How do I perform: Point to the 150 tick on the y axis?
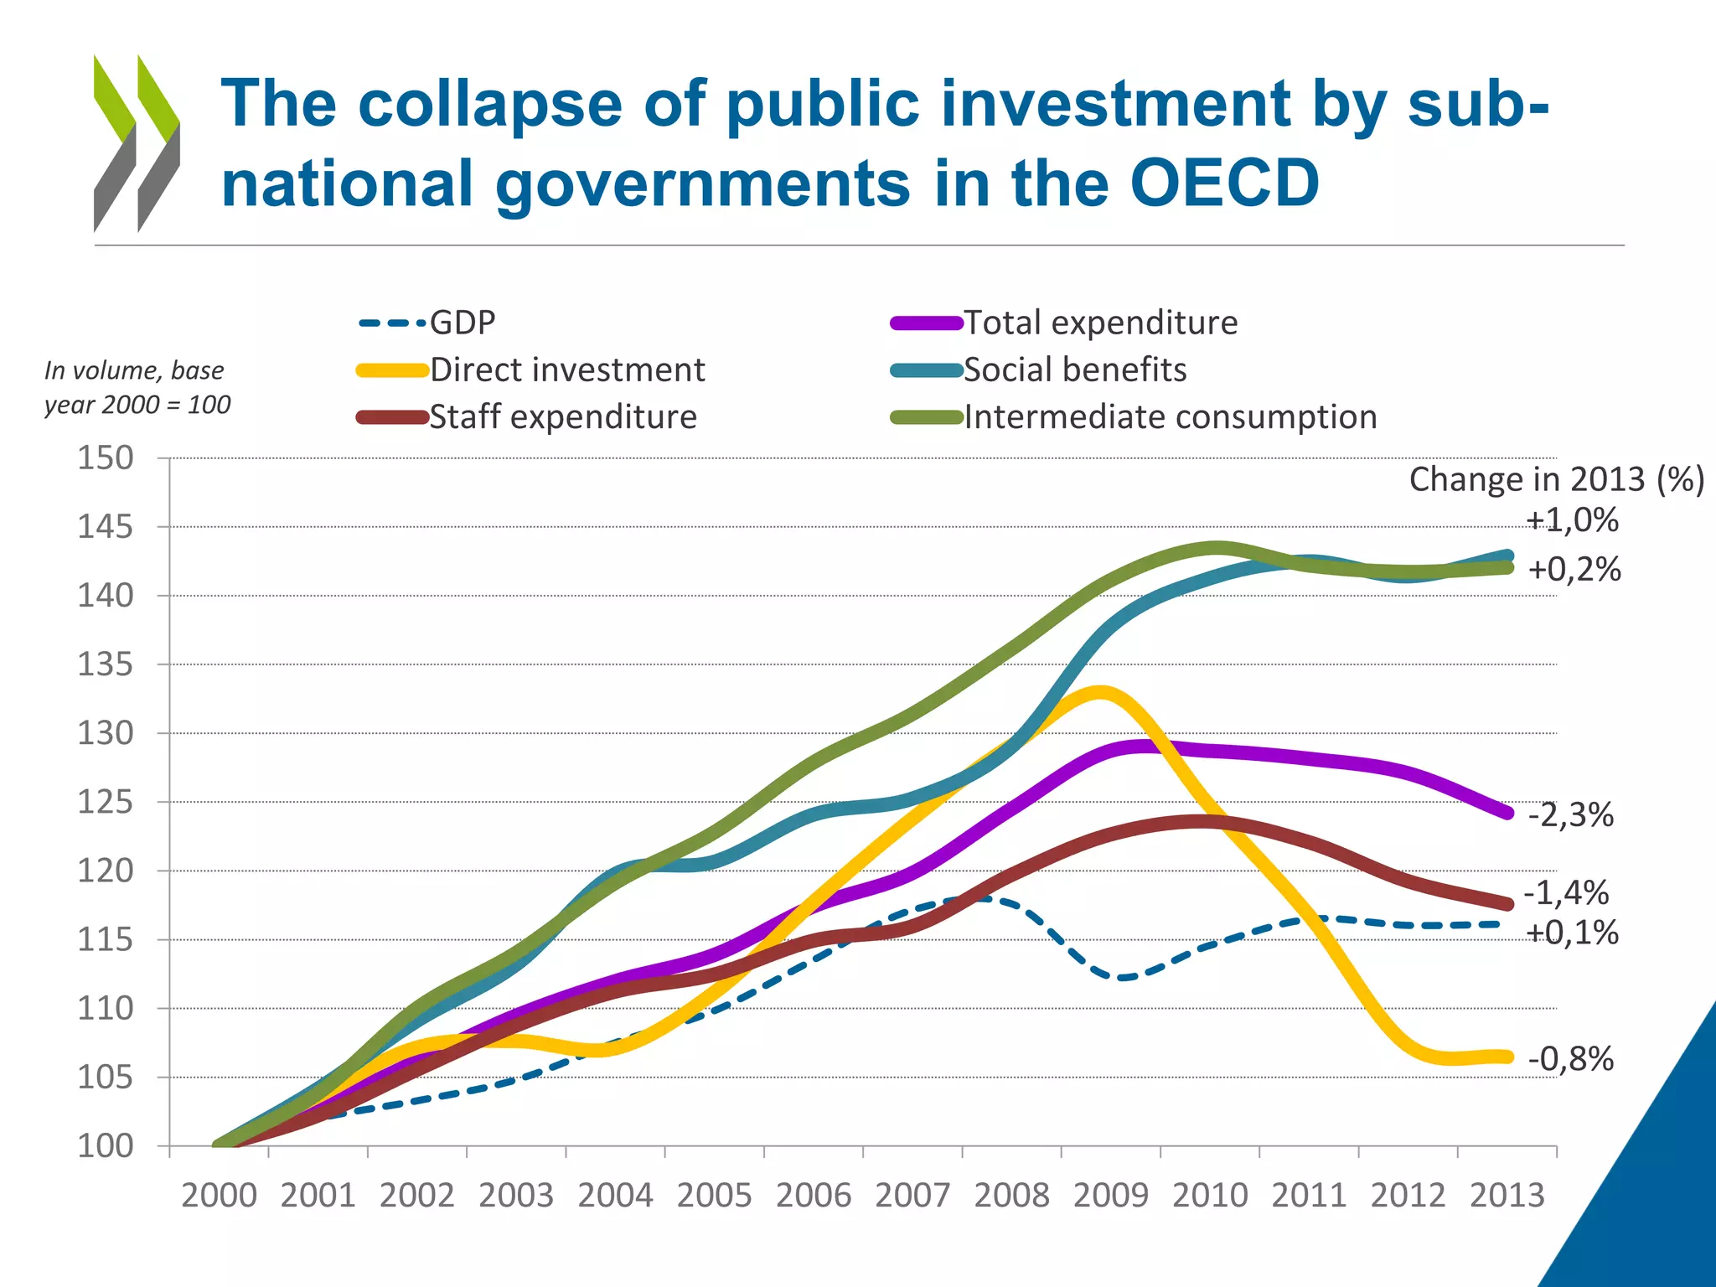pyautogui.click(x=106, y=458)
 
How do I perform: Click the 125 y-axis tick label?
pyautogui.click(x=106, y=802)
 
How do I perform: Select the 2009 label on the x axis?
pyautogui.click(x=1110, y=1195)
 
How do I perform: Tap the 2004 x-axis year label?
pyautogui.click(x=615, y=1195)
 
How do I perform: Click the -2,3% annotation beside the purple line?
pyautogui.click(x=1570, y=814)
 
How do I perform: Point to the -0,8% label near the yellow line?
pyautogui.click(x=1570, y=1059)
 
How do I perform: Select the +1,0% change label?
pyautogui.click(x=1572, y=520)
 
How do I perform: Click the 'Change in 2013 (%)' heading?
pyautogui.click(x=1556, y=479)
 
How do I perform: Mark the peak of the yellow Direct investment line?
pyautogui.click(x=1100, y=692)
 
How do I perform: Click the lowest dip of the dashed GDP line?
pyautogui.click(x=1123, y=977)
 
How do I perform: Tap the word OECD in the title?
pyautogui.click(x=1224, y=183)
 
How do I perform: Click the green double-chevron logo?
pyautogui.click(x=137, y=142)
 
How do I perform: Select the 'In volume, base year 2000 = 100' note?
pyautogui.click(x=137, y=387)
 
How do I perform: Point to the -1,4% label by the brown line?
pyautogui.click(x=1565, y=893)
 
